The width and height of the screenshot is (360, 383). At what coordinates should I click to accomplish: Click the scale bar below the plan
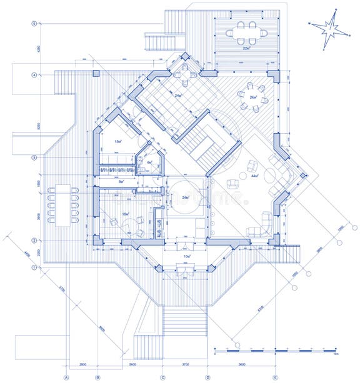pyautogui.click(x=275, y=349)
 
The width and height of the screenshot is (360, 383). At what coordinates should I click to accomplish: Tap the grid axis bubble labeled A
pyautogui.click(x=66, y=377)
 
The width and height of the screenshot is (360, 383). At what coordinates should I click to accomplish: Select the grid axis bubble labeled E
pyautogui.click(x=275, y=377)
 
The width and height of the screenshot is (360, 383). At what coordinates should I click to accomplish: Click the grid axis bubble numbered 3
pyautogui.click(x=34, y=157)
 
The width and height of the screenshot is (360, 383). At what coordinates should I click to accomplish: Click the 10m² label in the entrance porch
pyautogui.click(x=186, y=256)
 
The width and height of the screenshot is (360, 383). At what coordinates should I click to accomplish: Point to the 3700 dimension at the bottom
pyautogui.click(x=185, y=363)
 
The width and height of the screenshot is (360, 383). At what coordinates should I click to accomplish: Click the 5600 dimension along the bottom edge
pyautogui.click(x=241, y=363)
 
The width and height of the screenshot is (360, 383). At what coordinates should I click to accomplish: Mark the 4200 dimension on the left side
pyautogui.click(x=38, y=49)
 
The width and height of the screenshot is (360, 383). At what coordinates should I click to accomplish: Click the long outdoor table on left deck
pyautogui.click(x=63, y=204)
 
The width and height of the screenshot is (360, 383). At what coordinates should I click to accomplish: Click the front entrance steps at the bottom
pyautogui.click(x=185, y=322)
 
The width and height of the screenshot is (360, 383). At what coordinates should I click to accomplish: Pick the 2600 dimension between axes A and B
pyautogui.click(x=82, y=363)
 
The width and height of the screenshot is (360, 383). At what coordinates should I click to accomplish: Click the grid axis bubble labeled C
pyautogui.click(x=162, y=377)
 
